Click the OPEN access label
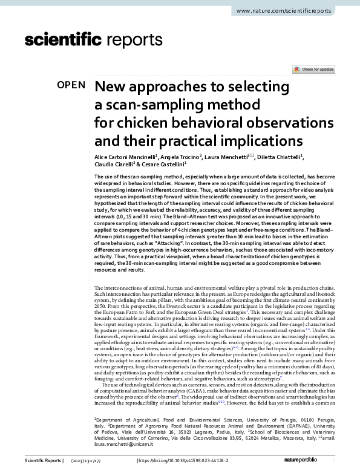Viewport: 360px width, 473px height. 71,85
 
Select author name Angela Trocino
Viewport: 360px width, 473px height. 178,157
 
